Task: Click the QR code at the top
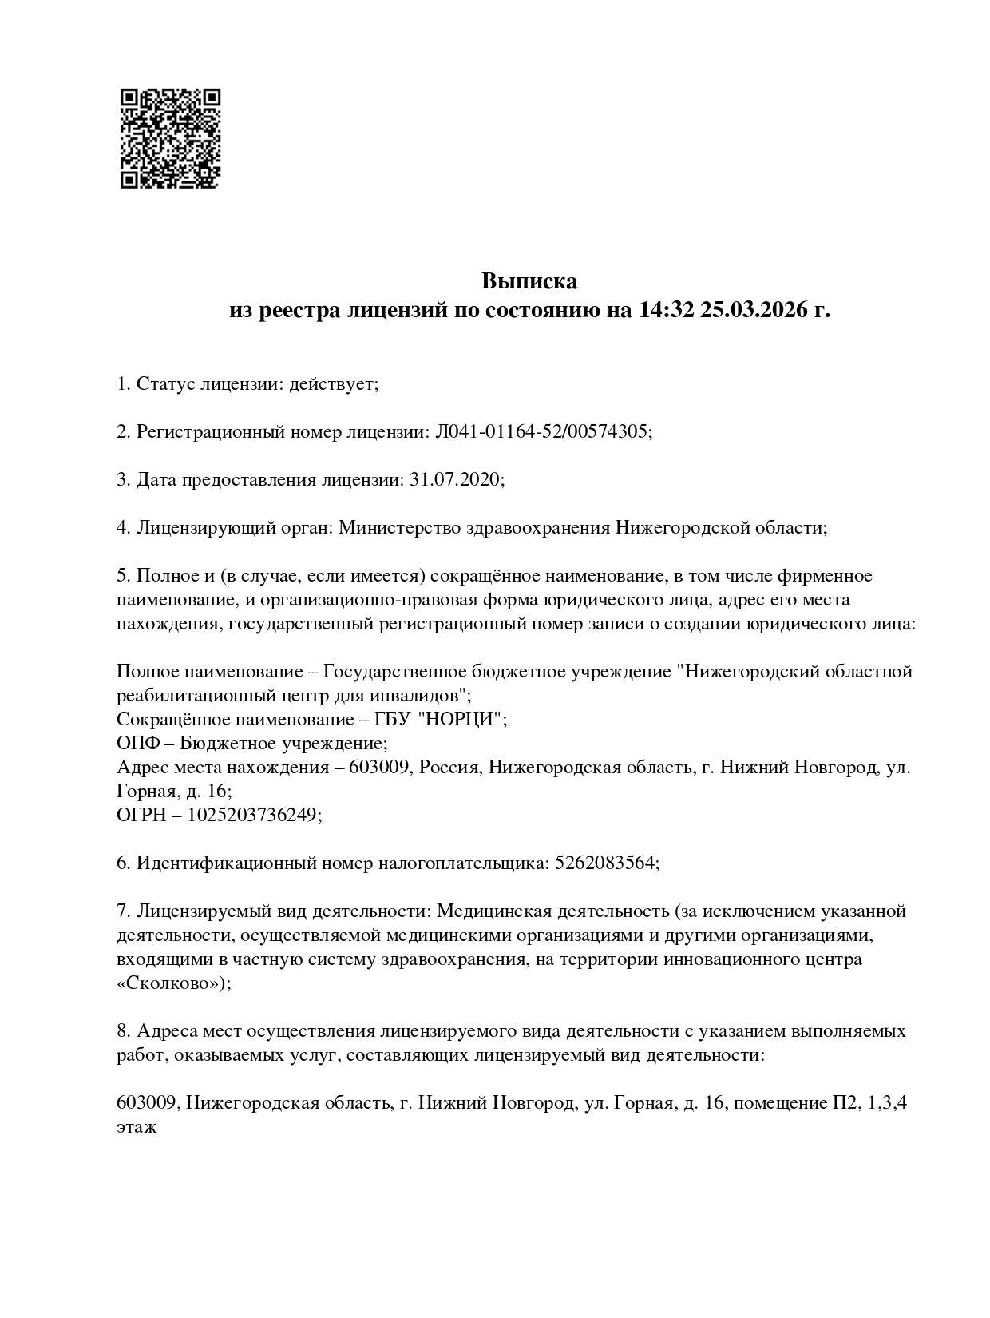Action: point(170,138)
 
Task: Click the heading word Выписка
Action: point(529,281)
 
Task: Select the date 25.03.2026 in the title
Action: point(754,310)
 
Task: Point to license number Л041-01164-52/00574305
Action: point(542,432)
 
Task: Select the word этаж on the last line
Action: point(137,1127)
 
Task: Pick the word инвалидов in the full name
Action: point(419,696)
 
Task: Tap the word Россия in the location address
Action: point(449,768)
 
